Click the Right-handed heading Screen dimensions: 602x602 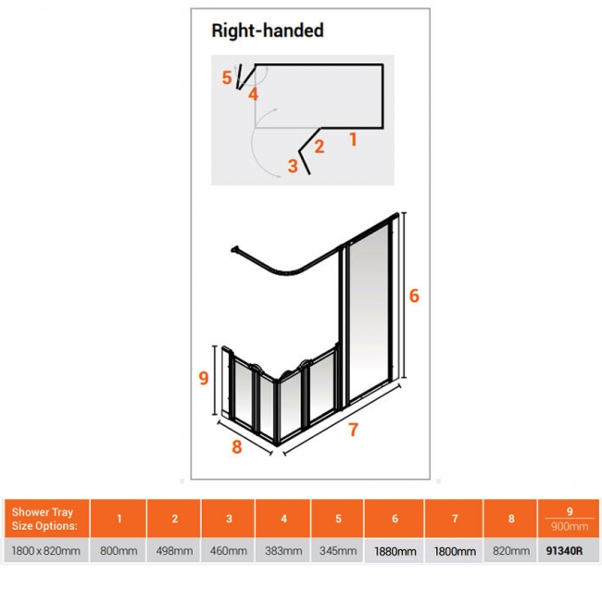tap(268, 31)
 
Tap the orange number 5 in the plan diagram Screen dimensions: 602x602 tap(227, 78)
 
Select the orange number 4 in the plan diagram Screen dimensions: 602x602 tap(253, 94)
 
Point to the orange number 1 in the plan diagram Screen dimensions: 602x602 tap(353, 139)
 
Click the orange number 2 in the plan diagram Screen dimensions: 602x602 tap(319, 146)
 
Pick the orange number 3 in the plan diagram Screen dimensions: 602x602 tap(293, 166)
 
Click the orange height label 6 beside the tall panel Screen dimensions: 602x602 tap(414, 295)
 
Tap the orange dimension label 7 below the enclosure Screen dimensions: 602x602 tap(354, 429)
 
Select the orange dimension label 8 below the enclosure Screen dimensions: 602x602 tap(237, 446)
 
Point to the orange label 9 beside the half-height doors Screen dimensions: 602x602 tap(204, 378)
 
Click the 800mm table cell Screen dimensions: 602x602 tap(119, 551)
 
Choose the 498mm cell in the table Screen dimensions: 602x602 tap(174, 551)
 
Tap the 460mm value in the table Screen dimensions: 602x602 tap(229, 551)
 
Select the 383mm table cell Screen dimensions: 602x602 tap(283, 551)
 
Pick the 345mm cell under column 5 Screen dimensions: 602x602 tap(338, 551)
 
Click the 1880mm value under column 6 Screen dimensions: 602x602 tap(395, 552)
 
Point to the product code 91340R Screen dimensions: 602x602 tap(564, 551)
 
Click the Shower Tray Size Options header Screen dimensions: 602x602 tap(44, 519)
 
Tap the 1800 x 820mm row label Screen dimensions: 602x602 tap(45, 551)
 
